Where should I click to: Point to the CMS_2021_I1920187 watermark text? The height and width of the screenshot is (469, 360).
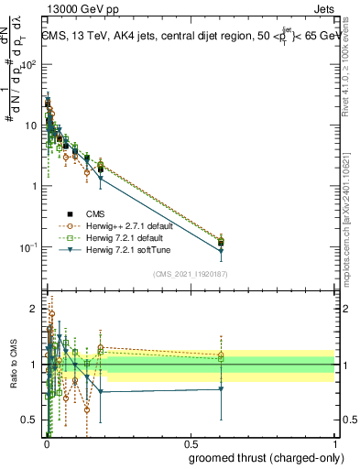point(191,273)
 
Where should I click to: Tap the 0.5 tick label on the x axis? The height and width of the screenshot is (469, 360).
point(190,444)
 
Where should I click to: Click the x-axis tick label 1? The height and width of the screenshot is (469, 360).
point(334,444)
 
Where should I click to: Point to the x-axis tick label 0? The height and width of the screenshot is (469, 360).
point(46,444)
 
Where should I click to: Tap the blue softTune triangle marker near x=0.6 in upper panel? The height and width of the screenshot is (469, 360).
point(221,251)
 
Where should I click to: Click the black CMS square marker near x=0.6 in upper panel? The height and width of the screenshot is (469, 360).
point(221,243)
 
